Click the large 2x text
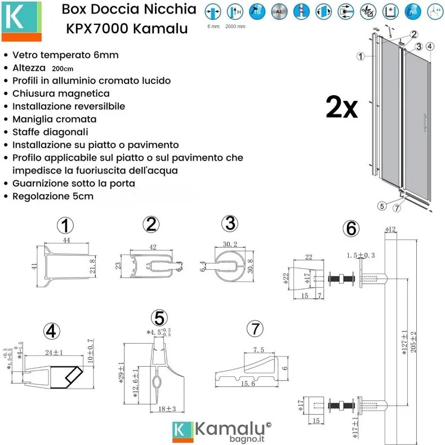[341, 107]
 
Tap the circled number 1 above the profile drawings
[66, 226]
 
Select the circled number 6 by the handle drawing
[350, 229]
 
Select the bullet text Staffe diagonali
[50, 132]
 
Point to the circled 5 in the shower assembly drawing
[382, 206]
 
